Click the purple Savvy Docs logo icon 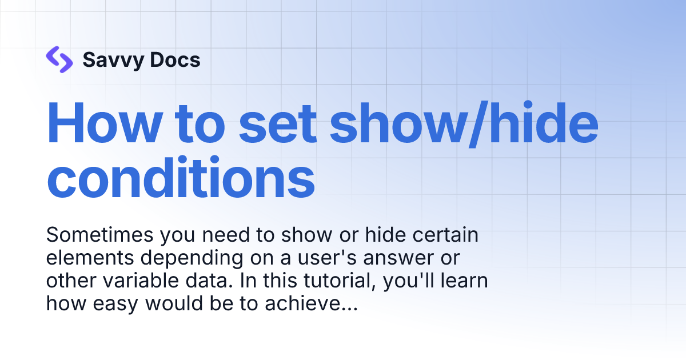(x=59, y=59)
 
